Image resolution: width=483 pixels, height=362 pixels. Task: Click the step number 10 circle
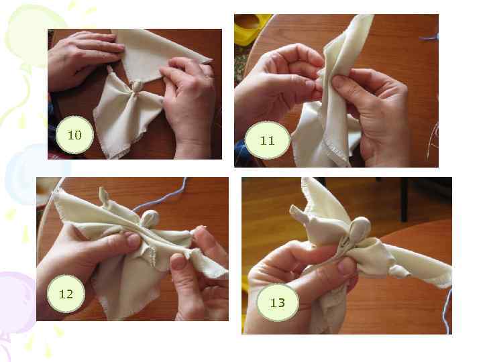click(x=74, y=135)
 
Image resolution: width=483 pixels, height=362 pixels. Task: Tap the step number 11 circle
click(x=267, y=140)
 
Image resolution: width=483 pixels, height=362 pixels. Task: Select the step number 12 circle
click(x=66, y=294)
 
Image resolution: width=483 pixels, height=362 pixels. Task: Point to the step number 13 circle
click(x=278, y=302)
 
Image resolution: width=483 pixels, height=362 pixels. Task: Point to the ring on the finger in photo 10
click(x=209, y=76)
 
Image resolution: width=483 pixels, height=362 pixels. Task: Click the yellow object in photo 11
click(x=251, y=29)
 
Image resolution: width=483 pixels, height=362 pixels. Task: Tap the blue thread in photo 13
click(x=447, y=311)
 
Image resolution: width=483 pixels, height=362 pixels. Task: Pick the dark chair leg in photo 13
click(x=405, y=200)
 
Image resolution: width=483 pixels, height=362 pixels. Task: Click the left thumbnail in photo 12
click(x=133, y=241)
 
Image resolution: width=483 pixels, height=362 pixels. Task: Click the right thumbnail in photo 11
click(x=339, y=82)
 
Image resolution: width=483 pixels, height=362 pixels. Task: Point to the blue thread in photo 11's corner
click(x=429, y=38)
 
